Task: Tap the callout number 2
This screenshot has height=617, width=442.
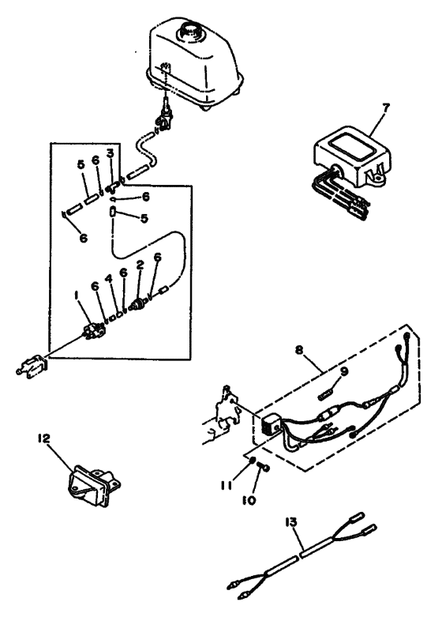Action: tap(140, 267)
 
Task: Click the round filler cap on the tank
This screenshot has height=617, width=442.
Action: tap(189, 31)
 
